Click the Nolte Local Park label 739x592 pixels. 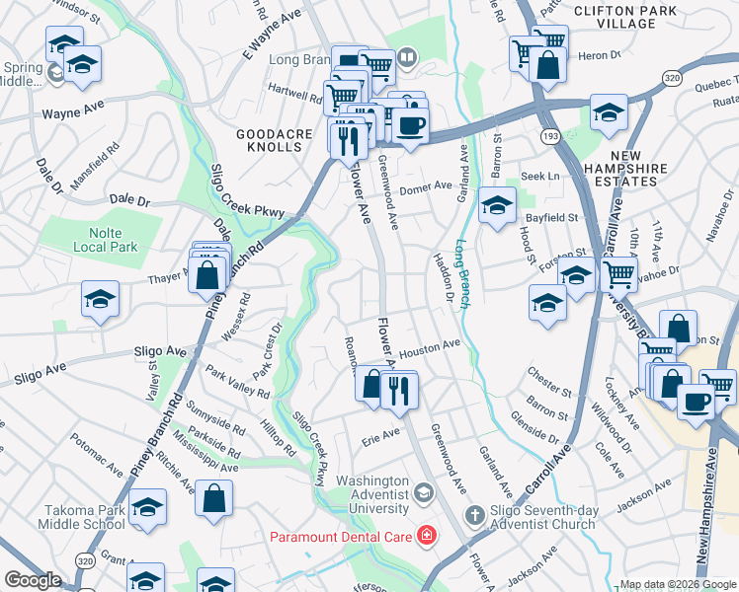pos(106,240)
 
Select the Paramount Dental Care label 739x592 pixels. pos(343,537)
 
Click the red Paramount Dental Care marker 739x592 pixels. pos(427,536)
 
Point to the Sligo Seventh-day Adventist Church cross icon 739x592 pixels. pos(475,514)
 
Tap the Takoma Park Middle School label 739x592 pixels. pos(84,517)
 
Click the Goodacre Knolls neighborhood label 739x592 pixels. pos(268,139)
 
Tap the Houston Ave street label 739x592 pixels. pos(431,347)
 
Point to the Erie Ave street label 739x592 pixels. pos(381,435)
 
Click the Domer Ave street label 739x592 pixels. pos(426,185)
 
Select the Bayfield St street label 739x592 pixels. pos(550,213)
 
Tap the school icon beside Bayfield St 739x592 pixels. pos(498,205)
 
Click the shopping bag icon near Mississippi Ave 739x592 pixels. pos(213,498)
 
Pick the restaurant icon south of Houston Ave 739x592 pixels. pos(399,390)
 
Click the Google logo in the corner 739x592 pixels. pos(33,580)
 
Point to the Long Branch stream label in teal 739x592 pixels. pos(463,271)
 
